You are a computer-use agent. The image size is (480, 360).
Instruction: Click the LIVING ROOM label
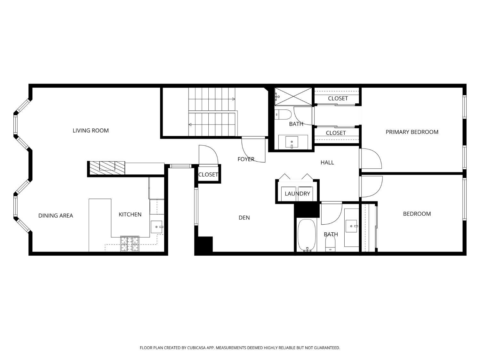point(91,131)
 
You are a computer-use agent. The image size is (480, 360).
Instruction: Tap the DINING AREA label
point(56,216)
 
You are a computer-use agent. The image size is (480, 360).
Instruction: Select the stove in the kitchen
point(130,244)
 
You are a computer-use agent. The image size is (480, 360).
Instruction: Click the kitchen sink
point(156,227)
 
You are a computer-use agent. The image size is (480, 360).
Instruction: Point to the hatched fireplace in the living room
point(107,168)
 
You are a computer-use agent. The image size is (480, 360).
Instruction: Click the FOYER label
point(246,159)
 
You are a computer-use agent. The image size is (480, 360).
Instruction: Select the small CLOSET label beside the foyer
point(208,174)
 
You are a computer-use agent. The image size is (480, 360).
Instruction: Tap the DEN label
point(244,218)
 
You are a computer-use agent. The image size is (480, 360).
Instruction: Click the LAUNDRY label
point(297,194)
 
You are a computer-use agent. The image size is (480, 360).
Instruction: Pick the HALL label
point(327,163)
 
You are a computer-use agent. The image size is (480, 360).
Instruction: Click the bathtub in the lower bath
point(307,236)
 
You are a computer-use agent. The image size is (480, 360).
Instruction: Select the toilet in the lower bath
point(331,247)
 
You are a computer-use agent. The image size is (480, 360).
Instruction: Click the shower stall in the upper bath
point(293,96)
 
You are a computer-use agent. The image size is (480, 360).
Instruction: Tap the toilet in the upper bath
point(283,115)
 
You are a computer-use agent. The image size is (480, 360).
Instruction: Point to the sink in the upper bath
point(292,142)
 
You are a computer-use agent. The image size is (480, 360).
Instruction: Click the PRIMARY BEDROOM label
point(412,132)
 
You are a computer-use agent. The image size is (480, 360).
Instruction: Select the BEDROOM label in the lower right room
point(417,214)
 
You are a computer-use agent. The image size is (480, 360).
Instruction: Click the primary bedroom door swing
point(371,159)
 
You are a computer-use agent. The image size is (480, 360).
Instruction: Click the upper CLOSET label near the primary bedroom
point(338,99)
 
